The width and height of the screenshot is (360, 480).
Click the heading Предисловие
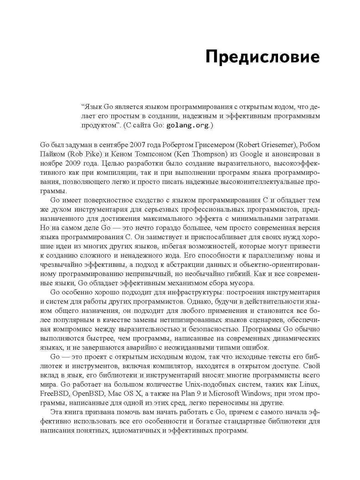262,58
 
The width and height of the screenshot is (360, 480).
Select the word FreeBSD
54,393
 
